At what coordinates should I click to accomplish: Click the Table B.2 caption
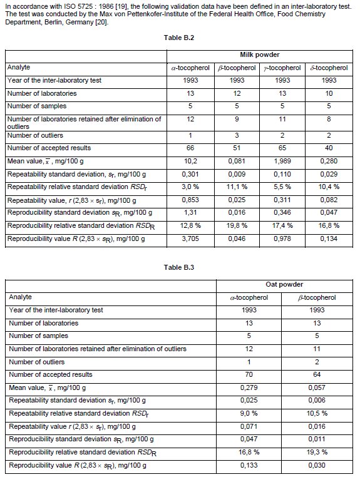tap(179, 38)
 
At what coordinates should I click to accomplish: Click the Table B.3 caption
tap(179, 267)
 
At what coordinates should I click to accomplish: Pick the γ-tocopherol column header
tap(282, 68)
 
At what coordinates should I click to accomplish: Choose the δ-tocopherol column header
tap(329, 68)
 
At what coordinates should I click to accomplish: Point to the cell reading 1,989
tap(282, 160)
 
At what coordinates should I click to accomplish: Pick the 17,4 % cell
tap(282, 212)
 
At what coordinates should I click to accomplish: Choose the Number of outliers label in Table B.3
tap(35, 362)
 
